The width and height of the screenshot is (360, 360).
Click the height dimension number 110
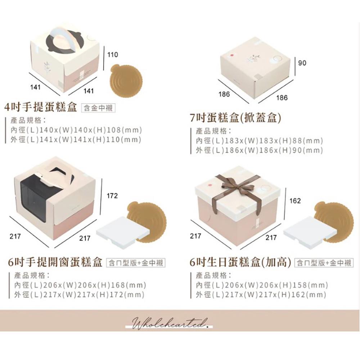point(113,55)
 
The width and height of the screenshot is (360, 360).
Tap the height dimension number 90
point(302,63)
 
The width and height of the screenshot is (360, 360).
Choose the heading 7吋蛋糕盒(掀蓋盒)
point(235,118)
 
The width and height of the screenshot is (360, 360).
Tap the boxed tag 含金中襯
point(99,108)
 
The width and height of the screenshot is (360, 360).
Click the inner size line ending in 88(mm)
point(259,141)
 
